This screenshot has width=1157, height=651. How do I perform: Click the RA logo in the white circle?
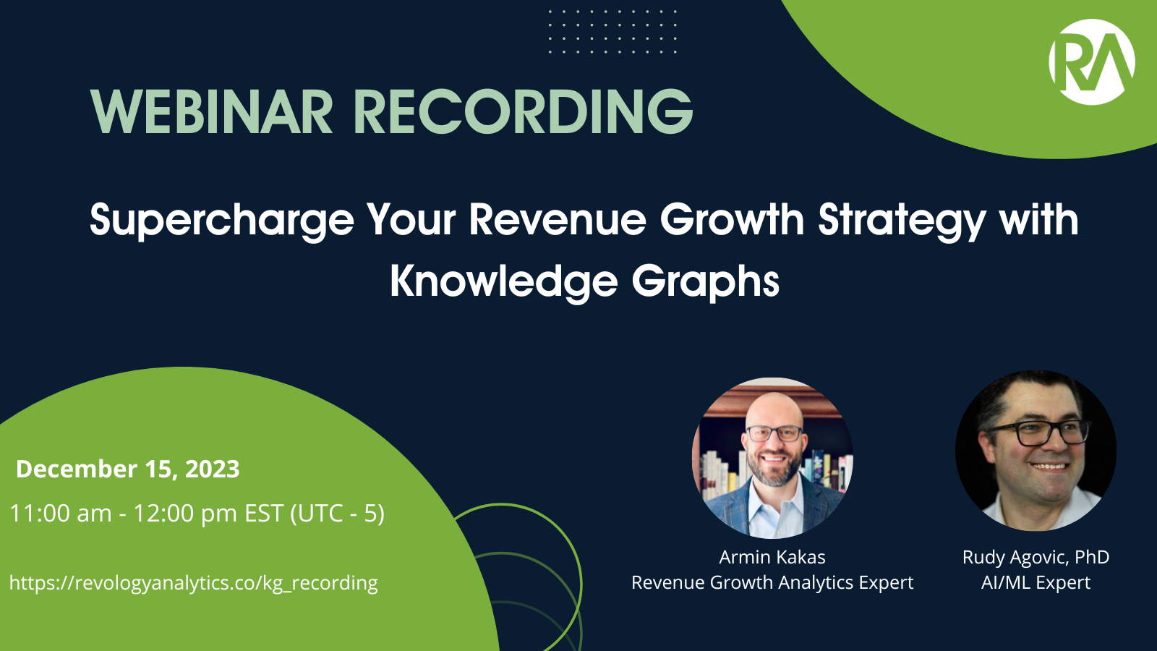[x=1091, y=62]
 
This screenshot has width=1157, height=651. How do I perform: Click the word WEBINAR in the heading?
[x=212, y=111]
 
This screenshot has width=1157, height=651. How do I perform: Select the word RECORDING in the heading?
[x=524, y=111]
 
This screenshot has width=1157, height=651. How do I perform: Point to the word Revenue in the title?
[x=558, y=220]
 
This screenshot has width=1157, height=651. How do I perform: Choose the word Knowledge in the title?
[x=503, y=282]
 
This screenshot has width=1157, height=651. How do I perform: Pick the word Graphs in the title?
[x=706, y=282]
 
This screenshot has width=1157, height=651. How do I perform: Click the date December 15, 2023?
[x=127, y=469]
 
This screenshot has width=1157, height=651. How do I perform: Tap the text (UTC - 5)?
[x=338, y=514]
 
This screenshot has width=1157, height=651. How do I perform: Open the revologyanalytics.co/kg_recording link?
[x=194, y=583]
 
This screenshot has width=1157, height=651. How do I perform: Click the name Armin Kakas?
[x=772, y=557]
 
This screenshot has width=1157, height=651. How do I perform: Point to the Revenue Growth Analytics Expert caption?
[x=772, y=582]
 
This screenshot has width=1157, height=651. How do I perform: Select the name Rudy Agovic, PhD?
[x=1036, y=557]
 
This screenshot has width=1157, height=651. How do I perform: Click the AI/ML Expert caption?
[x=1036, y=582]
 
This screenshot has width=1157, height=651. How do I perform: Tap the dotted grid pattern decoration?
[x=612, y=32]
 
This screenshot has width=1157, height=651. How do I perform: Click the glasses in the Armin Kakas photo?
[x=774, y=433]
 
